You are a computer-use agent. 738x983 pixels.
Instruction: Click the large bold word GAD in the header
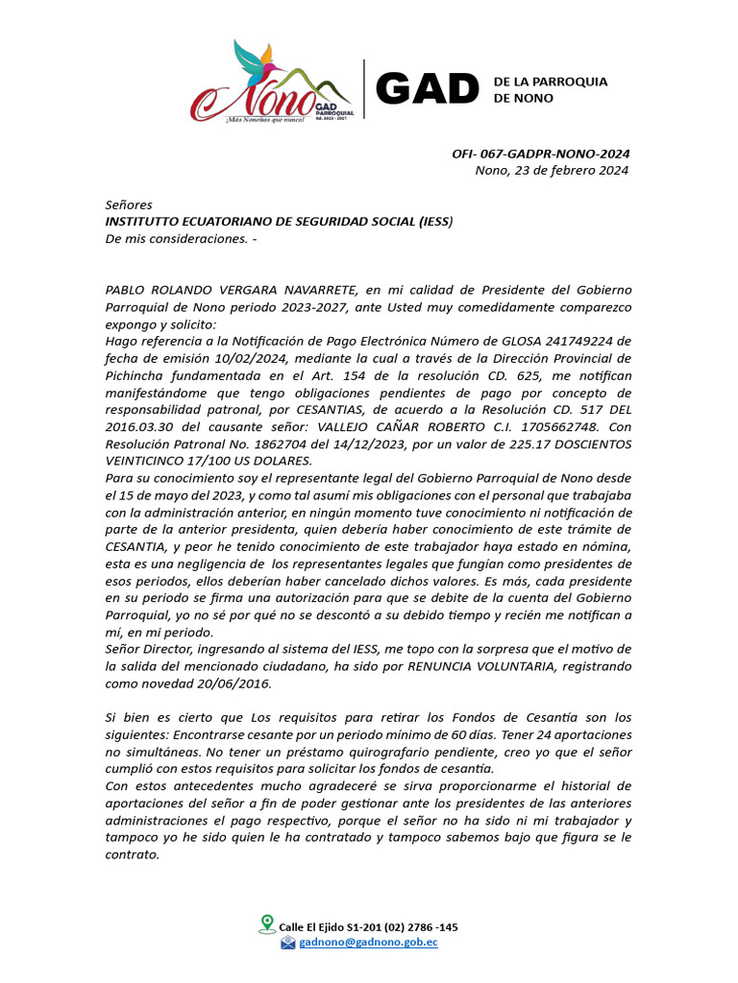(427, 89)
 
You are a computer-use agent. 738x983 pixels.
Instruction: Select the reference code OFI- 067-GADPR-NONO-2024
(541, 154)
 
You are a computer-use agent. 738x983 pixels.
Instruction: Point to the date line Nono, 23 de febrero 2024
(552, 171)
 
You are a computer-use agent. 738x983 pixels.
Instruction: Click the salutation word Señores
(129, 204)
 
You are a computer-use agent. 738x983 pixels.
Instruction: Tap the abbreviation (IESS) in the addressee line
(435, 222)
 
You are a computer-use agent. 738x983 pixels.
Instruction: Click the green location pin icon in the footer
(267, 923)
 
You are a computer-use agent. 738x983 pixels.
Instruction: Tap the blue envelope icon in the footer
(287, 943)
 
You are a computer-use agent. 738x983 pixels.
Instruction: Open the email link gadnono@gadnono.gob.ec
(368, 943)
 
